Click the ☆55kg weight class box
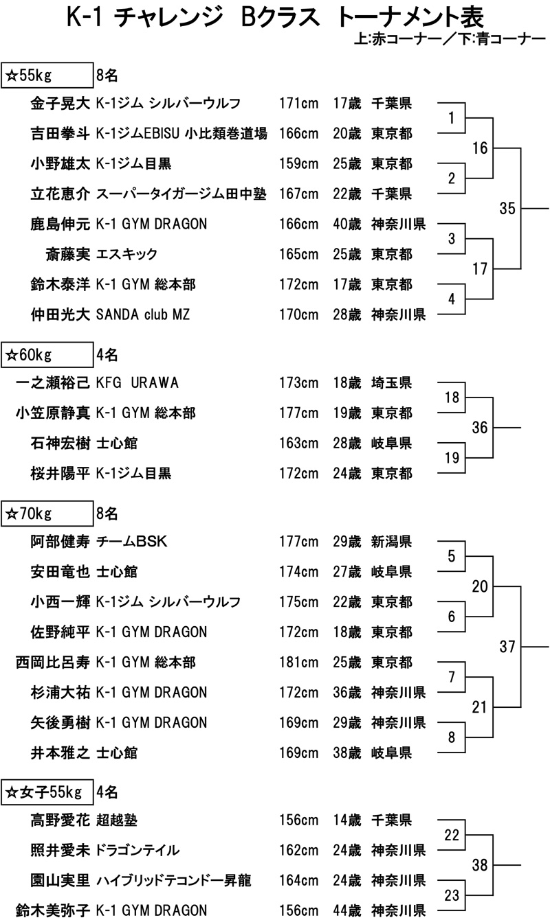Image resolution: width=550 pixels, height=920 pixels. pyautogui.click(x=48, y=73)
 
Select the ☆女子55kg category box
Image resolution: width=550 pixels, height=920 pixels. pyautogui.click(x=48, y=792)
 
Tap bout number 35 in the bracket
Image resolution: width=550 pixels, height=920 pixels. pyautogui.click(x=507, y=209)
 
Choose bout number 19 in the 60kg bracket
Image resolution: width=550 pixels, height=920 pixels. pyautogui.click(x=452, y=458)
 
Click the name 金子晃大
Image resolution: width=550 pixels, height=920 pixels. pyautogui.click(x=60, y=104)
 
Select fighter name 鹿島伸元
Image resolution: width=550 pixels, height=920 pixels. pyautogui.click(x=60, y=225)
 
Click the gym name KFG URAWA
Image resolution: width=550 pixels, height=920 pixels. pyautogui.click(x=138, y=382)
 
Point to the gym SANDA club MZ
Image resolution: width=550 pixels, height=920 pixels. pyautogui.click(x=143, y=315)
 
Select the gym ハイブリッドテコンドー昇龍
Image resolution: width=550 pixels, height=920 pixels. pyautogui.click(x=176, y=880)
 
